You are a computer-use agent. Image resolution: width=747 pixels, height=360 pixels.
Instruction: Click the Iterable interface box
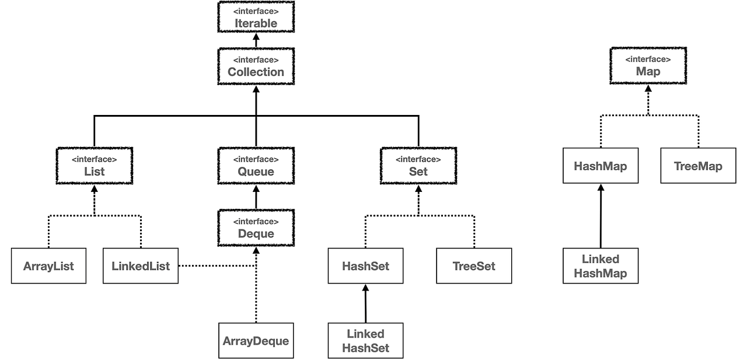click(256, 17)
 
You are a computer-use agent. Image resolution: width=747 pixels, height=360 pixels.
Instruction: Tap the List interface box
click(95, 165)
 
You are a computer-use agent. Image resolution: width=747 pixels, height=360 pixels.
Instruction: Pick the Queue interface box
click(256, 165)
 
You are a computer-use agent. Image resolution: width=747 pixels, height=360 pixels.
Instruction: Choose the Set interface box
click(418, 165)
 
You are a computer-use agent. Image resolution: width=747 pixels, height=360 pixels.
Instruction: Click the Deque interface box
click(256, 228)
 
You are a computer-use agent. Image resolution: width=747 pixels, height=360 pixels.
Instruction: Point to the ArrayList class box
click(48, 266)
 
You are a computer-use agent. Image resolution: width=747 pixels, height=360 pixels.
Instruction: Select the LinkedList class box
click(141, 266)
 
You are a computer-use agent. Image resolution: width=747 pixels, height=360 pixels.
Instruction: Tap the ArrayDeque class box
click(256, 340)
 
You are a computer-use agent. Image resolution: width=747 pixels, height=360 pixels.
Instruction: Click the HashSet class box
click(365, 266)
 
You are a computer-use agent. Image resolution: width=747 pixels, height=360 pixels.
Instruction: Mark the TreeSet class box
click(474, 266)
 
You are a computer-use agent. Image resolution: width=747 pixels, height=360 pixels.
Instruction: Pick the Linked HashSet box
click(365, 341)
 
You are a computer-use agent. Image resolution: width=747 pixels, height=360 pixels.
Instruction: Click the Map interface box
click(648, 65)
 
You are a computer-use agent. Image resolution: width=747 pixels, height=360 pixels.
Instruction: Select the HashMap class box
click(601, 166)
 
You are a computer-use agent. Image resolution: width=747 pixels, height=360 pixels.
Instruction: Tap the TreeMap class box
click(698, 166)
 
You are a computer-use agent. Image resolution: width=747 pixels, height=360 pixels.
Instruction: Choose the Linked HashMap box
click(601, 266)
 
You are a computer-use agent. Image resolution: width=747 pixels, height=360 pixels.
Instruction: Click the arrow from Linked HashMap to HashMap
click(601, 216)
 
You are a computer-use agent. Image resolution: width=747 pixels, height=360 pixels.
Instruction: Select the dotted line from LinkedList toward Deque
click(216, 266)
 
